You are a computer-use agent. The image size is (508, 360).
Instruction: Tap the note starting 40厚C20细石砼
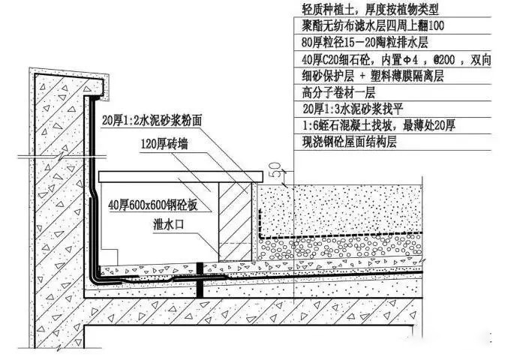(390, 61)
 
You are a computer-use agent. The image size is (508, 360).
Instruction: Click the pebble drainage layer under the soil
(338, 247)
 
